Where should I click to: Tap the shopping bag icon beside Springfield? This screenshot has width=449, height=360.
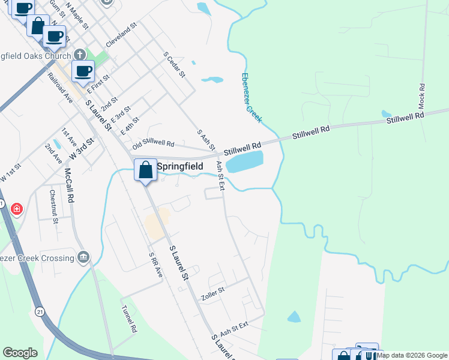[x=145, y=170]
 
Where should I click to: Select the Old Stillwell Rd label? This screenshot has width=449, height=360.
[x=153, y=145]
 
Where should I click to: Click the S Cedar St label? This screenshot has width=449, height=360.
[x=175, y=65]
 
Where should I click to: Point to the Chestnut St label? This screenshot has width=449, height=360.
[x=53, y=206]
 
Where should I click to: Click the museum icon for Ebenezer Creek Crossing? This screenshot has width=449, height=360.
[x=83, y=258]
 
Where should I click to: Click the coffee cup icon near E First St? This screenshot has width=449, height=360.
[x=83, y=71]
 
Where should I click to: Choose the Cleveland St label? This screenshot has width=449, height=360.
[x=121, y=36]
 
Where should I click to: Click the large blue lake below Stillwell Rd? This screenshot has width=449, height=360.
[x=246, y=161]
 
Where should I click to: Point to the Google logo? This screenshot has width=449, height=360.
[x=20, y=353]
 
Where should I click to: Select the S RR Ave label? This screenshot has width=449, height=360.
[x=155, y=264]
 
